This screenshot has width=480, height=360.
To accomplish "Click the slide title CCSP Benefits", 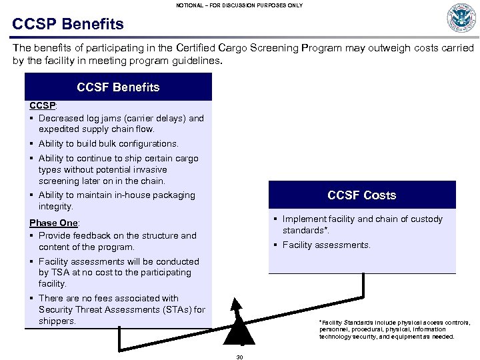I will click(68, 25).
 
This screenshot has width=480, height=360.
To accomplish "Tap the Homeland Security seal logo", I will click(461, 18).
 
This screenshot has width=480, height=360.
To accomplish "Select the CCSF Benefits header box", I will click(118, 87).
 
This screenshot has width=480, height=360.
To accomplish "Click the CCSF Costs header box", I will click(361, 195).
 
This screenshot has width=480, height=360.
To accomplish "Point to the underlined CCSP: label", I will click(43, 105).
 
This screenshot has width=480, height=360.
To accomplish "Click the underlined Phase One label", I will click(54, 223).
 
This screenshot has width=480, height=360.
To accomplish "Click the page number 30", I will click(240, 357).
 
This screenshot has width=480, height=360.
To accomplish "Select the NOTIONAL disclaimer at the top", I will click(239, 5).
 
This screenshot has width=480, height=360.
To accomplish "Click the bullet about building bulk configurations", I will click(108, 143).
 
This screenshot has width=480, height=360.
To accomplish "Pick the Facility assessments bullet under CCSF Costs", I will click(326, 245).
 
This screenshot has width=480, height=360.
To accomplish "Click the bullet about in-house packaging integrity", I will click(116, 201).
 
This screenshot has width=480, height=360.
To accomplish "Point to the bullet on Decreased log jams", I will click(121, 123).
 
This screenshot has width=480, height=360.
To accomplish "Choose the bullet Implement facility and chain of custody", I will click(361, 224).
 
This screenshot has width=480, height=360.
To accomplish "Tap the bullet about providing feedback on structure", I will click(117, 241).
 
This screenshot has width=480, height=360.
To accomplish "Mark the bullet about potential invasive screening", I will click(118, 169).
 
